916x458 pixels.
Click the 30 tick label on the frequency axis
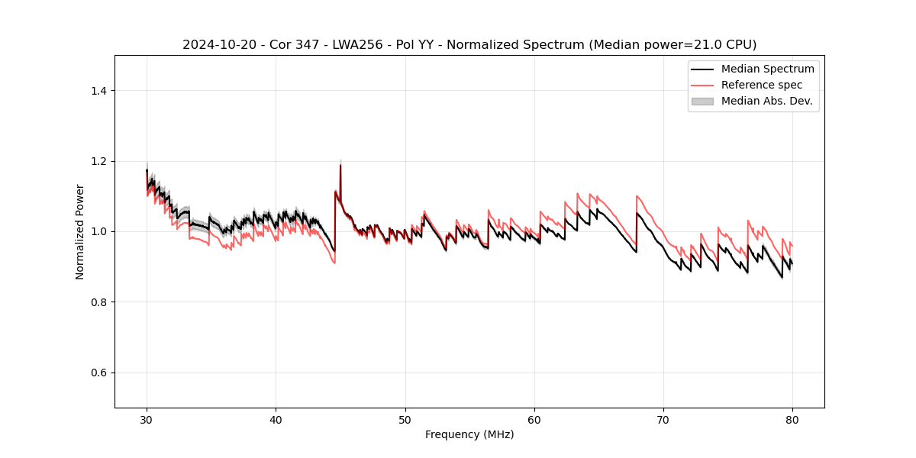point(147,419)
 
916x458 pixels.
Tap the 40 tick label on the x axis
point(276,419)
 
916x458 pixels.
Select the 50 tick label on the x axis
point(405,419)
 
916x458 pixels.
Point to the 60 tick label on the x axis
point(534,419)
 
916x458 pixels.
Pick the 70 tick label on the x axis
point(663,419)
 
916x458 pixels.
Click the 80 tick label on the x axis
point(792,419)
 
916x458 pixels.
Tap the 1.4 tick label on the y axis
point(98,91)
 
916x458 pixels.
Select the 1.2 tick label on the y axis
point(98,161)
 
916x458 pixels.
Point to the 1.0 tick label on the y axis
point(98,231)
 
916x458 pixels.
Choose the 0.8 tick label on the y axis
point(98,302)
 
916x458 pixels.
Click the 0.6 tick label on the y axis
point(98,373)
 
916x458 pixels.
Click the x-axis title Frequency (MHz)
point(469,434)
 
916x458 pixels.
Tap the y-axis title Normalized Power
point(80,231)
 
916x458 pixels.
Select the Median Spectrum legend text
point(767,69)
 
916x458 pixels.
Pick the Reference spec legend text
point(762,85)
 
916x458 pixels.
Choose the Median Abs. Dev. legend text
point(767,101)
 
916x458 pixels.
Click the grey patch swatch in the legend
point(702,101)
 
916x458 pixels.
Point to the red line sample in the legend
point(702,85)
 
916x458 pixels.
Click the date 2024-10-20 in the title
point(214,45)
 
